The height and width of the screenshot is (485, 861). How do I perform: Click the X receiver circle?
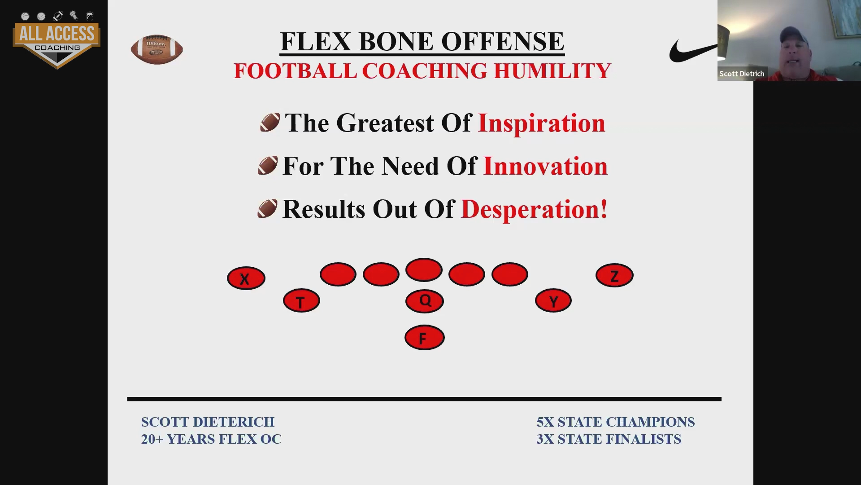246,278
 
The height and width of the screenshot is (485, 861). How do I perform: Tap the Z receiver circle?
614,275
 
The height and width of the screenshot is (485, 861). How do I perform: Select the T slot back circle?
301,300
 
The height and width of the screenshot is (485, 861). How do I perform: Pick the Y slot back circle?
553,300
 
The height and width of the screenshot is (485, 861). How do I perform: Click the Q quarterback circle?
424,301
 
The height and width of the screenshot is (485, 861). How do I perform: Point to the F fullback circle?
424,337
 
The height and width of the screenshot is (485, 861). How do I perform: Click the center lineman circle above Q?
424,270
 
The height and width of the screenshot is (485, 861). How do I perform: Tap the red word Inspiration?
542,123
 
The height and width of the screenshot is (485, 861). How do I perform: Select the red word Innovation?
545,166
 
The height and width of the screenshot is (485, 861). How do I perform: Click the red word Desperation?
534,209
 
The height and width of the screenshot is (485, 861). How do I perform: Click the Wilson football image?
157,49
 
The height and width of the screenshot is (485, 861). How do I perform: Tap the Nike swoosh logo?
693,51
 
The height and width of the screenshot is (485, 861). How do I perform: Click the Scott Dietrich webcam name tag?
742,74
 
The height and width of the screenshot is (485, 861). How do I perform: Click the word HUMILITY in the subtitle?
552,71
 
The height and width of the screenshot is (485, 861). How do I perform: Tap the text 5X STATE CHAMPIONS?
615,422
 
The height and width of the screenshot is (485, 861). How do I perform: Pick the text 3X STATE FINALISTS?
609,439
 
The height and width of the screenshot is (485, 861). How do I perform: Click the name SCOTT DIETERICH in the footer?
208,422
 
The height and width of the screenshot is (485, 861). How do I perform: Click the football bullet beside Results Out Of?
267,209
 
